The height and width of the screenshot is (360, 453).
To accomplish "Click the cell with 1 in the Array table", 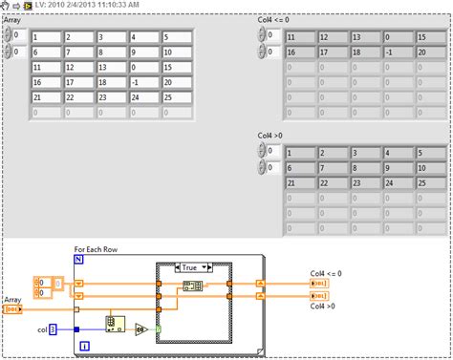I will pyautogui.click(x=47, y=38).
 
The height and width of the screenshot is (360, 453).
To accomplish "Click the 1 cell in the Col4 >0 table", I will pyautogui.click(x=300, y=153).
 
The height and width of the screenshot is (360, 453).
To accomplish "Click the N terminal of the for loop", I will pyautogui.click(x=79, y=260).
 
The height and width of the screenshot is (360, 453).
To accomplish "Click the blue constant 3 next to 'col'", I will pyautogui.click(x=53, y=329).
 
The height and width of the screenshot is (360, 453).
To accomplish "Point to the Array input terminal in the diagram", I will pyautogui.click(x=13, y=309).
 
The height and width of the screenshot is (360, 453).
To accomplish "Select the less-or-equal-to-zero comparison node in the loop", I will pyautogui.click(x=140, y=329).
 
